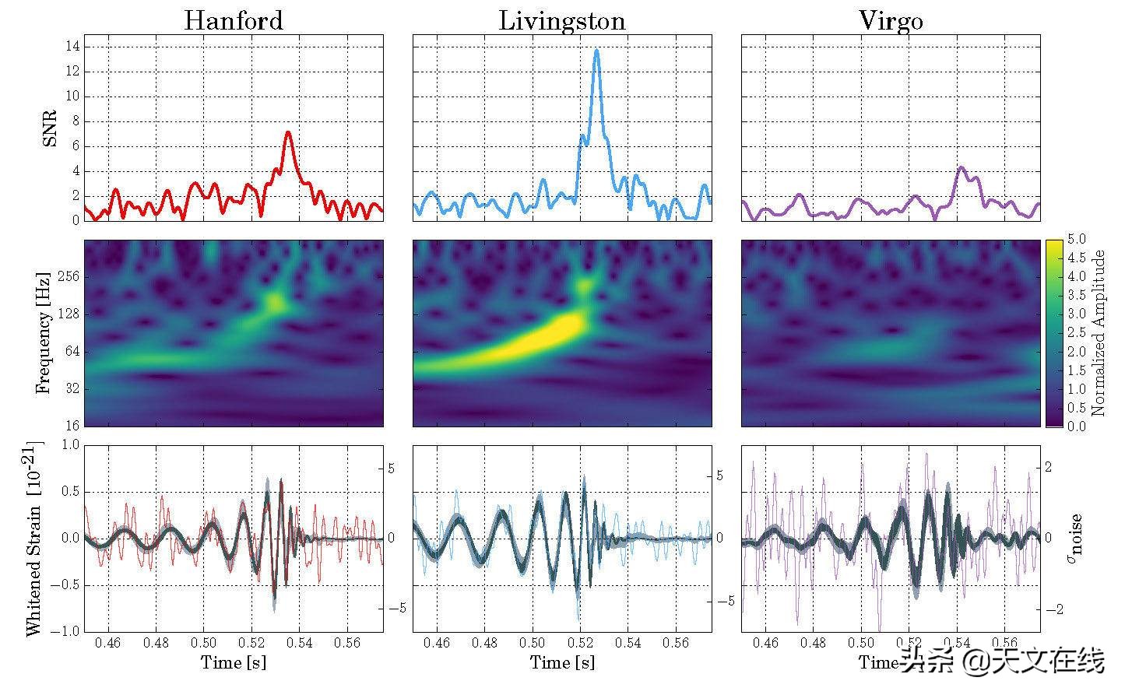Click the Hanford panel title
tap(233, 20)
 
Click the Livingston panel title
tap(561, 20)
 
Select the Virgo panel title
tap(890, 20)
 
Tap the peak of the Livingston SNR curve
tap(596, 51)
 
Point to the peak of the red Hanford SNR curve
tap(288, 132)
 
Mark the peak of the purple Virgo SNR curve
tap(962, 167)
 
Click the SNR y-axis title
tap(49, 129)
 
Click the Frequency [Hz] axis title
tap(43, 333)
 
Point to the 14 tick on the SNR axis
tap(72, 47)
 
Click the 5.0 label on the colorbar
tap(1079, 239)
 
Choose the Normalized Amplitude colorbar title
tap(1099, 333)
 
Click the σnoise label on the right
tap(1076, 537)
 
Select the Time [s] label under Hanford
tap(233, 662)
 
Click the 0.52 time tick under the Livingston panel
tap(580, 644)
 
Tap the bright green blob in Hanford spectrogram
tap(274, 300)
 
